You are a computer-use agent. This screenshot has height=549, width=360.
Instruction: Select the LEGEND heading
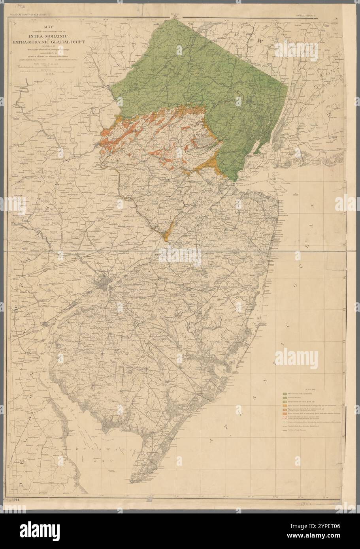(309, 389)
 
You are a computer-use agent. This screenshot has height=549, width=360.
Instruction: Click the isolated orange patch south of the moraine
(166, 233)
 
